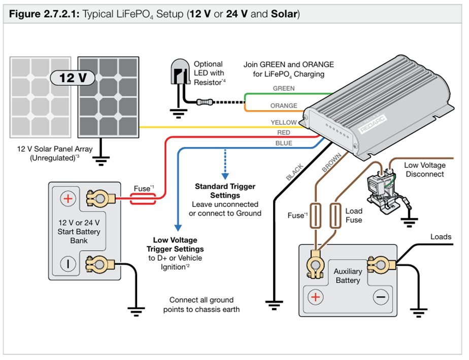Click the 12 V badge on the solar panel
(x=74, y=78)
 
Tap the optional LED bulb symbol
(x=178, y=75)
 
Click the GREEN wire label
(x=283, y=88)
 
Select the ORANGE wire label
(x=284, y=106)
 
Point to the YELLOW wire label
(x=283, y=123)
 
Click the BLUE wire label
(x=283, y=143)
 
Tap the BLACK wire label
(x=294, y=172)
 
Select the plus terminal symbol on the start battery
(x=67, y=198)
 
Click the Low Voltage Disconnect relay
(x=380, y=185)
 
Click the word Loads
(x=441, y=237)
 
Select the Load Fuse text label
(x=354, y=215)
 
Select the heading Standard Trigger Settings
(x=225, y=191)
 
